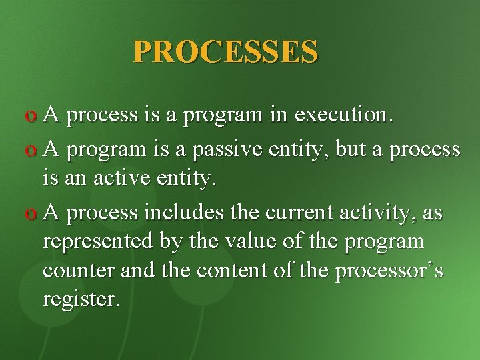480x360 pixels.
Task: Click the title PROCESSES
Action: point(225,51)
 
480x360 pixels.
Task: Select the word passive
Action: point(225,149)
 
